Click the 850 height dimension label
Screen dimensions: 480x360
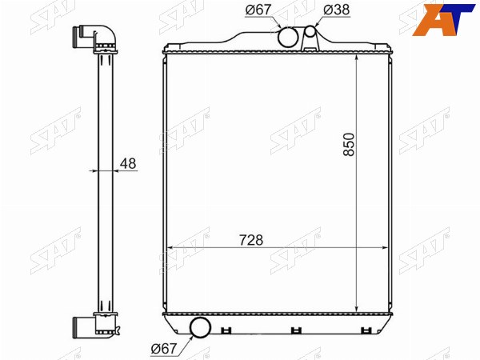349,145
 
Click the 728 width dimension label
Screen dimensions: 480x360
251,240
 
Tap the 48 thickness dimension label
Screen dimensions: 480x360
128,164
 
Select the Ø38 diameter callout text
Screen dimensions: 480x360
337,10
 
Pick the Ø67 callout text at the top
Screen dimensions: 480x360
258,10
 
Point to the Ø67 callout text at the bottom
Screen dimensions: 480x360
164,348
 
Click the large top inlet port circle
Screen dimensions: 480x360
288,37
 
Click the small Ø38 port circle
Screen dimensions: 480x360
310,31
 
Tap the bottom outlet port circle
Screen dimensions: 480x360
201,327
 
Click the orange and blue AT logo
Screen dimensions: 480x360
442,20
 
